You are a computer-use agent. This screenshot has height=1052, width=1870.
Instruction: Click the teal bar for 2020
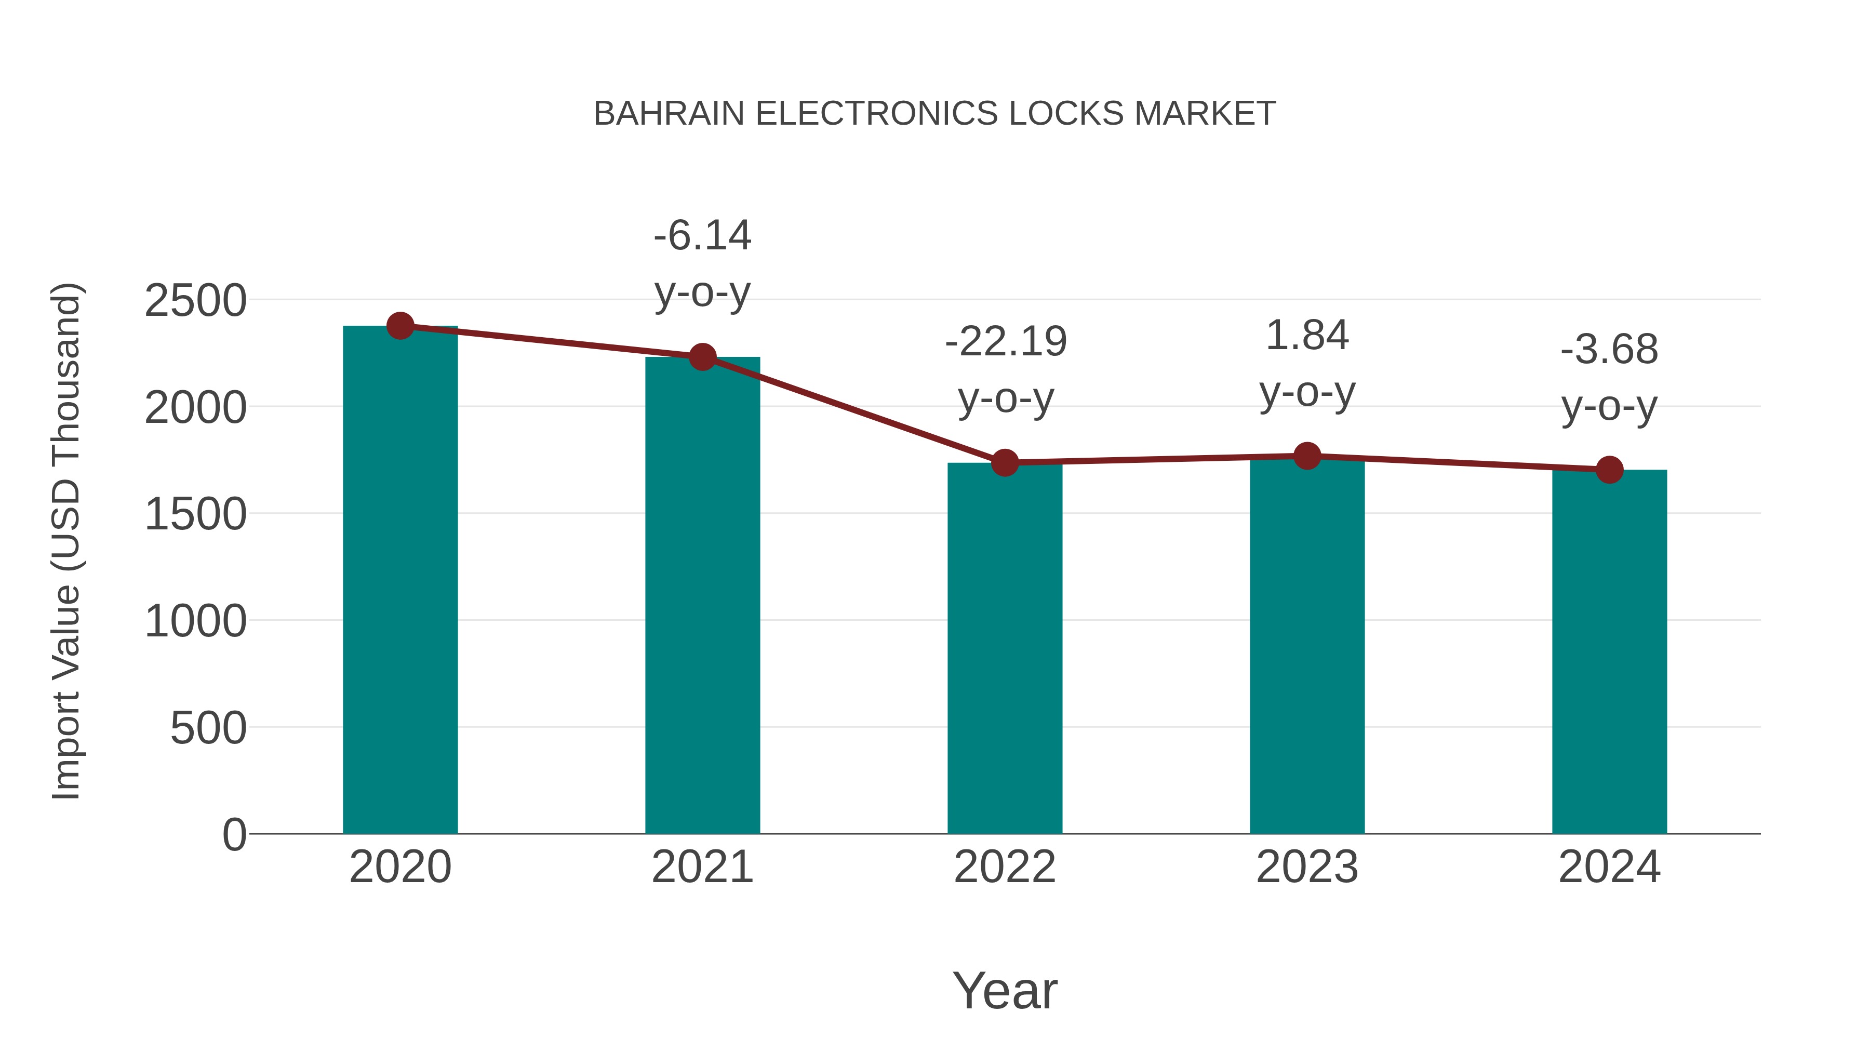pos(400,581)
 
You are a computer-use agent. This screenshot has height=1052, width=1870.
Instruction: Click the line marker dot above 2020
pos(400,326)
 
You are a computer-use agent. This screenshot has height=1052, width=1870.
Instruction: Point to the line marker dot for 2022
pos(1005,462)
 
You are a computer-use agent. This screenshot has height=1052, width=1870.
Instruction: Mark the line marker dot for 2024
pos(1609,470)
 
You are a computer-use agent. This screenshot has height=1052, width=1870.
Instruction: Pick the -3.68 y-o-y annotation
pos(1609,378)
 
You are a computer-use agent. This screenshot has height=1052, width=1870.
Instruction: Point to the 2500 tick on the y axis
pos(195,301)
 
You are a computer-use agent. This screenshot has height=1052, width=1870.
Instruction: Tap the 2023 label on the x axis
pos(1307,867)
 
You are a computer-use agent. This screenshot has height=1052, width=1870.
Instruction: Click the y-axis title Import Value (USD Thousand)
pos(66,541)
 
